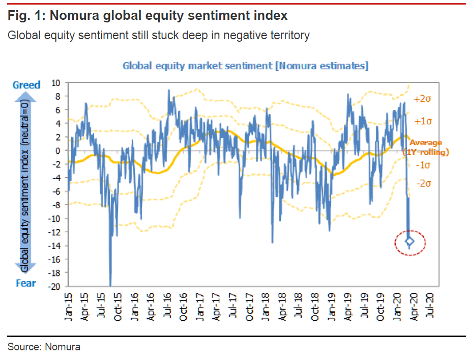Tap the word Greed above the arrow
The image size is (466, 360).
coord(26,85)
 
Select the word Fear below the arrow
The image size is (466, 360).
coord(26,283)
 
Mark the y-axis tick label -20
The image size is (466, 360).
coord(54,287)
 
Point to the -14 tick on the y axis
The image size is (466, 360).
coord(54,246)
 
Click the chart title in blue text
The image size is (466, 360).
coord(245,66)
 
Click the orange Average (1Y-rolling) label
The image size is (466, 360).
coord(425,147)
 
